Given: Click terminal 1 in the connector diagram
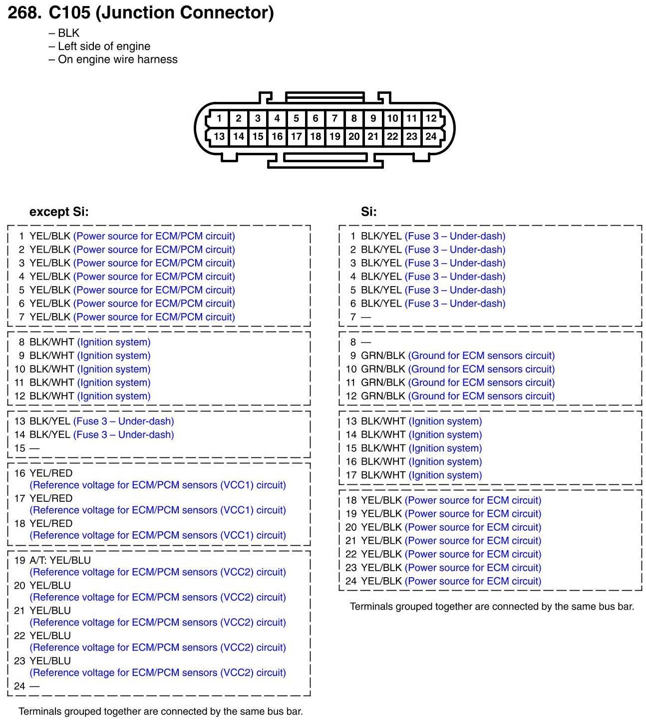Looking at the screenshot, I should point(219,118).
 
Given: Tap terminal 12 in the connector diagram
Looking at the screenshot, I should point(431,118).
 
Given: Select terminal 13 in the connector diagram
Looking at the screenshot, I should point(219,136).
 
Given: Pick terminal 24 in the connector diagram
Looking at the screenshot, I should point(431,136).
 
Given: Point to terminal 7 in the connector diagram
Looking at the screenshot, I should point(334,118).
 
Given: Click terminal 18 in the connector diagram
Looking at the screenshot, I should point(316,136).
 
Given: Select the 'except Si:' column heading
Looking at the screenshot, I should point(59,212).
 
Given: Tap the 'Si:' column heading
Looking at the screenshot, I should point(369,212).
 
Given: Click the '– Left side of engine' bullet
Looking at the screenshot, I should point(99,46).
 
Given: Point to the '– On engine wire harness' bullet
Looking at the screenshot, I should point(113,59).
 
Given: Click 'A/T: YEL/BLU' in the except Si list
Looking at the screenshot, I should point(60,560).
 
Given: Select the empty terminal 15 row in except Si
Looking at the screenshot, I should point(27,448).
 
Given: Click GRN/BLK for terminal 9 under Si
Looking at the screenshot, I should point(383,356).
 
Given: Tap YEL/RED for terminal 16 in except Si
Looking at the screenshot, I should point(51,473).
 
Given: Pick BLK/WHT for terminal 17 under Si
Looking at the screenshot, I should point(383,475).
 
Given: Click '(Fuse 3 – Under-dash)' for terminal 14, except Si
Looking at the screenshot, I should point(124,435).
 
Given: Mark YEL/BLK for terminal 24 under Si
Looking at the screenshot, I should point(381,581).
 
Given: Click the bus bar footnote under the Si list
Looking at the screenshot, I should point(492,607).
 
